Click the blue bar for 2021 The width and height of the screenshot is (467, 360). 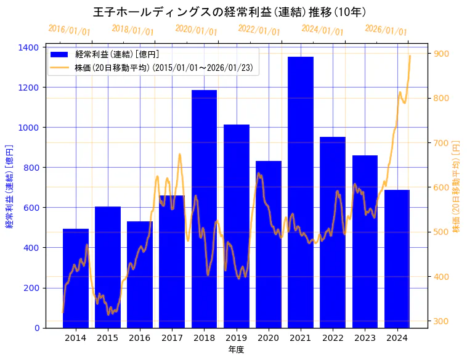click(x=301, y=192)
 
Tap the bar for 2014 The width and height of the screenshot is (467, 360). click(x=76, y=278)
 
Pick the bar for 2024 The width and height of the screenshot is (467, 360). click(x=397, y=258)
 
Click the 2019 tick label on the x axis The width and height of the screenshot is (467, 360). click(x=237, y=338)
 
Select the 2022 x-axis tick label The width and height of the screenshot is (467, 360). click(x=333, y=338)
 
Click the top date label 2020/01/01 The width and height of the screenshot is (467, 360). click(x=196, y=30)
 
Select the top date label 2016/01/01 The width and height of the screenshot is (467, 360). click(x=69, y=30)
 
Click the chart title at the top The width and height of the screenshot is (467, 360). click(x=230, y=12)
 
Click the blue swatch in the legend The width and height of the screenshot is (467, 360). click(x=61, y=55)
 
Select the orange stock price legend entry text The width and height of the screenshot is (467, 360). click(x=164, y=67)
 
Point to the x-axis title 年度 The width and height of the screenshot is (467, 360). click(x=236, y=350)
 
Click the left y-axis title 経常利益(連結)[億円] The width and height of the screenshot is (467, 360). click(x=9, y=187)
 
